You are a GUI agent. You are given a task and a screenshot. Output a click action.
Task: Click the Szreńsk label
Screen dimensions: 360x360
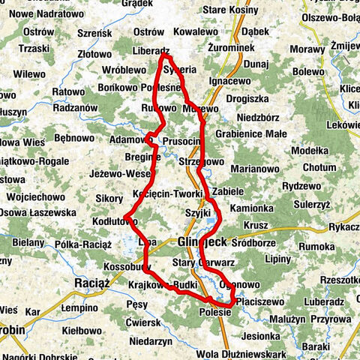click(94, 34)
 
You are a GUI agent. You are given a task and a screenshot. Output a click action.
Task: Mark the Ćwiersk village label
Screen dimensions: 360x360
click(143, 322)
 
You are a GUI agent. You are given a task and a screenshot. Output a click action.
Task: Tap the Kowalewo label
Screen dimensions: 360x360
click(195, 32)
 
